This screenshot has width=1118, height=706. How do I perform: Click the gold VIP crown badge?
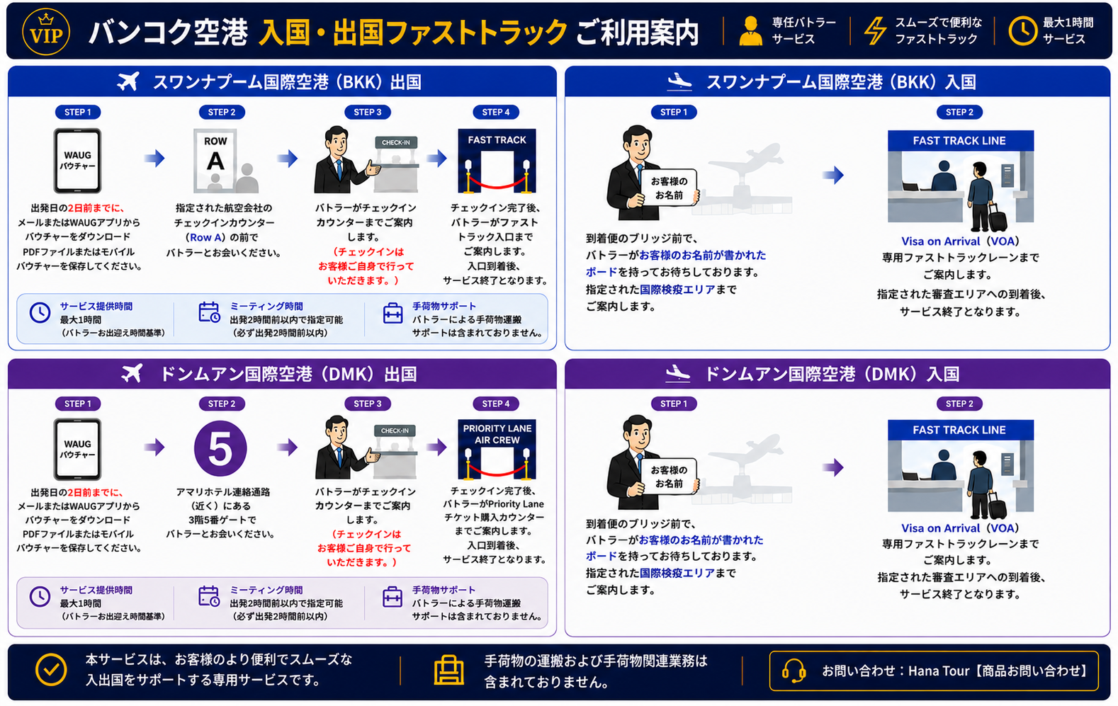click(x=46, y=31)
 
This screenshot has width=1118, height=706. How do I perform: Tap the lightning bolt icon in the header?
click(x=875, y=31)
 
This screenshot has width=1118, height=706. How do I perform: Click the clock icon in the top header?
click(x=1022, y=31)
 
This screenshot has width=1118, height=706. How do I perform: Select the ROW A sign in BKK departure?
click(x=215, y=159)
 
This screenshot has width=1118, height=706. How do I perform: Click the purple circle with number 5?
click(x=220, y=448)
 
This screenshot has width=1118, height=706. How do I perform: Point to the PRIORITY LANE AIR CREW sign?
click(x=497, y=434)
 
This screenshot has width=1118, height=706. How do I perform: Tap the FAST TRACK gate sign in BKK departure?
click(x=497, y=140)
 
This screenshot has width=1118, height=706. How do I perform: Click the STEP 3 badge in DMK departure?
click(x=367, y=403)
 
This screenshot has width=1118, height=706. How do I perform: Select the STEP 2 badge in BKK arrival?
click(x=959, y=113)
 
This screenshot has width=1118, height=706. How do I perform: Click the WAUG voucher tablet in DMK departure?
click(x=77, y=449)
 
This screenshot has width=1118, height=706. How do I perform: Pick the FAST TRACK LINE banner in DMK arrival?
click(x=960, y=430)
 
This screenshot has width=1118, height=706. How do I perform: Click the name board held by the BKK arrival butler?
click(x=669, y=188)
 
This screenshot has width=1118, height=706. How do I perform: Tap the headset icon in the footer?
click(x=794, y=671)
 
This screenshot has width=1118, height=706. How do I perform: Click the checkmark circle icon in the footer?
click(x=51, y=670)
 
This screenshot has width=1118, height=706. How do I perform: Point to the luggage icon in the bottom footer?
click(x=448, y=670)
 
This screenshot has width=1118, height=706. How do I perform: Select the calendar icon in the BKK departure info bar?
click(x=209, y=312)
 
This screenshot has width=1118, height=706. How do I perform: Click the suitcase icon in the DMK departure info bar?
click(x=393, y=597)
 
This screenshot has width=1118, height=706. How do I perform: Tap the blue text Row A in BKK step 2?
click(x=205, y=237)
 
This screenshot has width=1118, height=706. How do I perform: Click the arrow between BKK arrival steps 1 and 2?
click(x=832, y=175)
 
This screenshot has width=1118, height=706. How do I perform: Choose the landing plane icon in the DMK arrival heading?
click(x=678, y=373)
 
